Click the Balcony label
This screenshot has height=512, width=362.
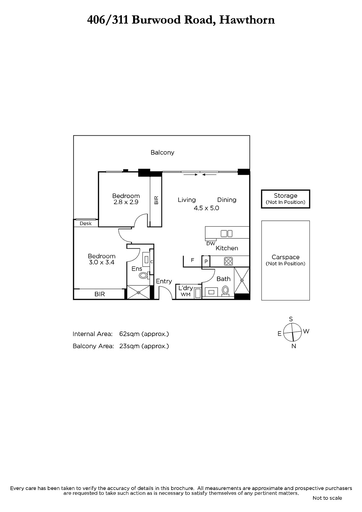pyautogui.click(x=162, y=152)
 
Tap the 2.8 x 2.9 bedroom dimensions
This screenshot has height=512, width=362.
pyautogui.click(x=126, y=202)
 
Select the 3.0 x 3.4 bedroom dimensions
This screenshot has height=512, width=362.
pyautogui.click(x=101, y=262)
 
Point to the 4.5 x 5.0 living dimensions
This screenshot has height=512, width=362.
pyautogui.click(x=206, y=208)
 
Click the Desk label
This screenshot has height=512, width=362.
pyautogui.click(x=85, y=224)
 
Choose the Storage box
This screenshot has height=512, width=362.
pyautogui.click(x=286, y=199)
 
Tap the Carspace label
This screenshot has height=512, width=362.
pyautogui.click(x=286, y=257)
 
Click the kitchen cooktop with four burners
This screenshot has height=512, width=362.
pyautogui.click(x=229, y=261)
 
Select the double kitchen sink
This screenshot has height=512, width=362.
pyautogui.click(x=226, y=233)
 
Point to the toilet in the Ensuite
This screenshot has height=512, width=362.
pyautogui.click(x=143, y=276)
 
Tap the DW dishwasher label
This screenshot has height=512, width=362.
pyautogui.click(x=211, y=244)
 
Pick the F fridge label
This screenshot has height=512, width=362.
pyautogui.click(x=193, y=260)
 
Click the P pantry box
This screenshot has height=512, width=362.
pyautogui.click(x=206, y=261)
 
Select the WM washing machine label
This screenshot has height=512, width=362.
pyautogui.click(x=185, y=295)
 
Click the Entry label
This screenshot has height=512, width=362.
pyautogui.click(x=164, y=281)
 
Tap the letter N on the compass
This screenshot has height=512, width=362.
pyautogui.click(x=294, y=346)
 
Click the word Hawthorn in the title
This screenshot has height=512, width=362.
pyautogui.click(x=247, y=20)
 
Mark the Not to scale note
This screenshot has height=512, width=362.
pyautogui.click(x=327, y=498)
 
